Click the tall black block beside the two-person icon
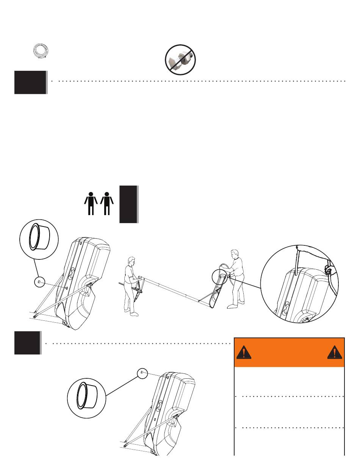point(128,204)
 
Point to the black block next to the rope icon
point(30,82)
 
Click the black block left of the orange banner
point(27,343)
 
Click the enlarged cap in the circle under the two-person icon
point(39,240)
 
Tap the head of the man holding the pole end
point(132,261)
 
